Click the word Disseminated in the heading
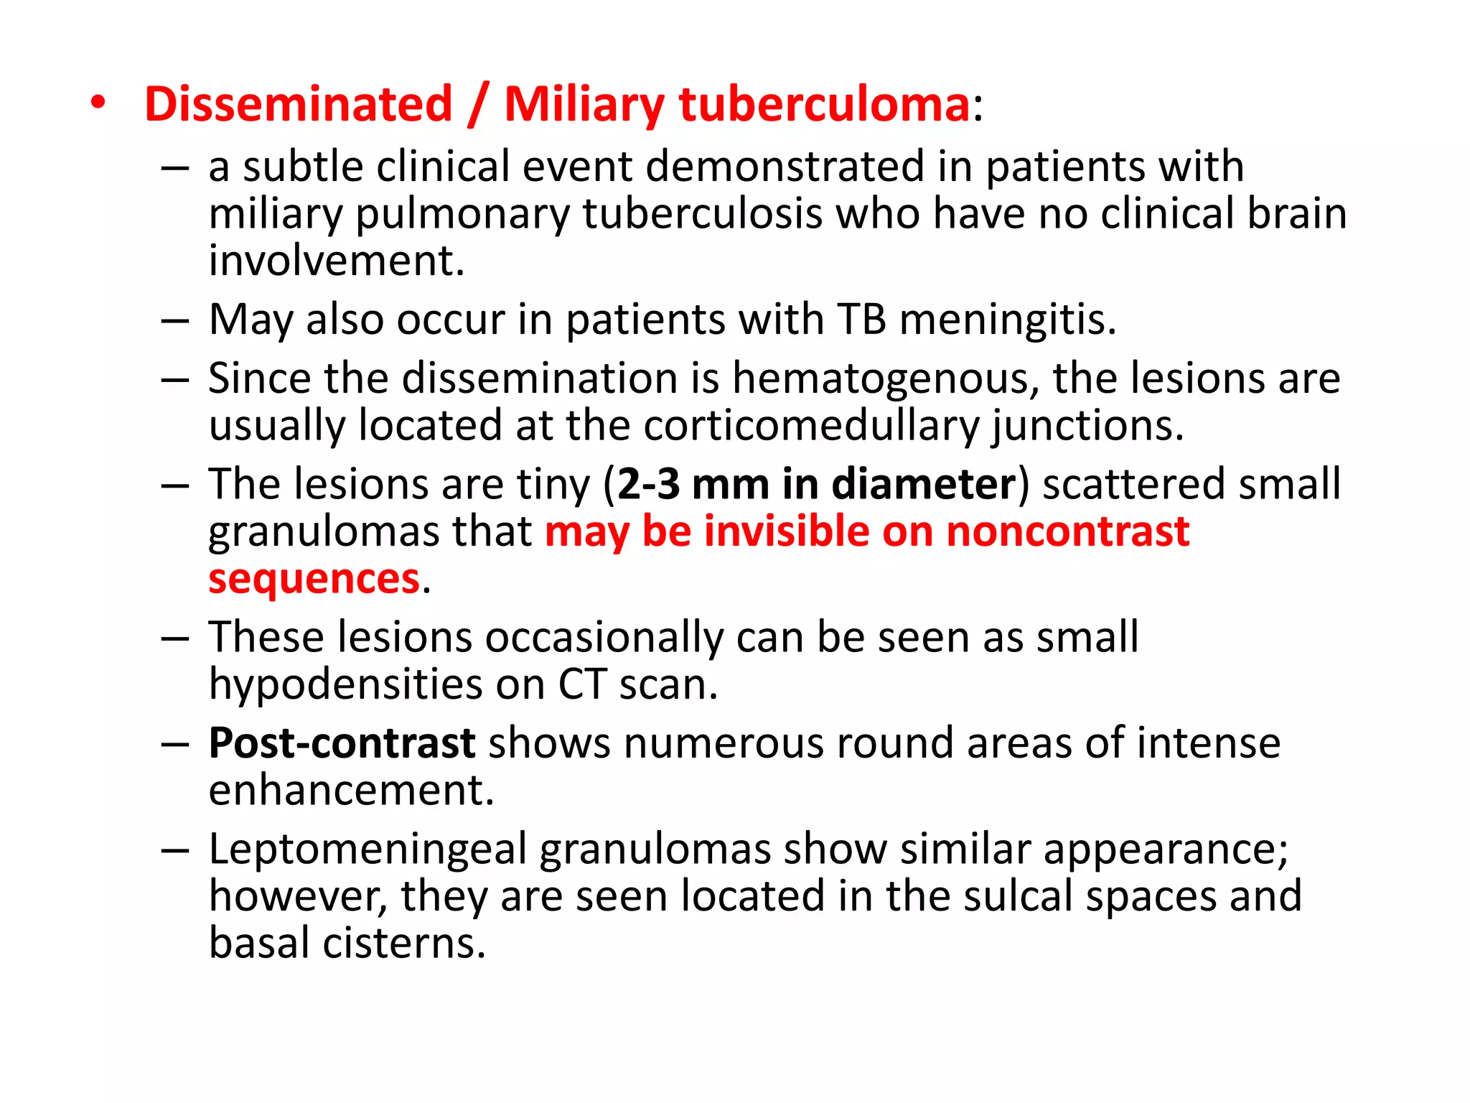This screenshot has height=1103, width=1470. [x=299, y=104]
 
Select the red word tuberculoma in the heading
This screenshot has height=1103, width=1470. [x=825, y=104]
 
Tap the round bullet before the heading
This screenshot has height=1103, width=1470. [x=98, y=103]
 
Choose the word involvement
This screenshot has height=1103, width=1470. [x=336, y=261]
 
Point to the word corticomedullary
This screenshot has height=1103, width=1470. [x=811, y=426]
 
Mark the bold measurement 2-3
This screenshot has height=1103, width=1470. [x=648, y=485]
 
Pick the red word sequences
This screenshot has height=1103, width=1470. [x=314, y=579]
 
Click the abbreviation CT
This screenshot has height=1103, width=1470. [x=582, y=684]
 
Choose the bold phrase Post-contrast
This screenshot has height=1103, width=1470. [x=342, y=743]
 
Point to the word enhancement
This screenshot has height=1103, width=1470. [x=351, y=791]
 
